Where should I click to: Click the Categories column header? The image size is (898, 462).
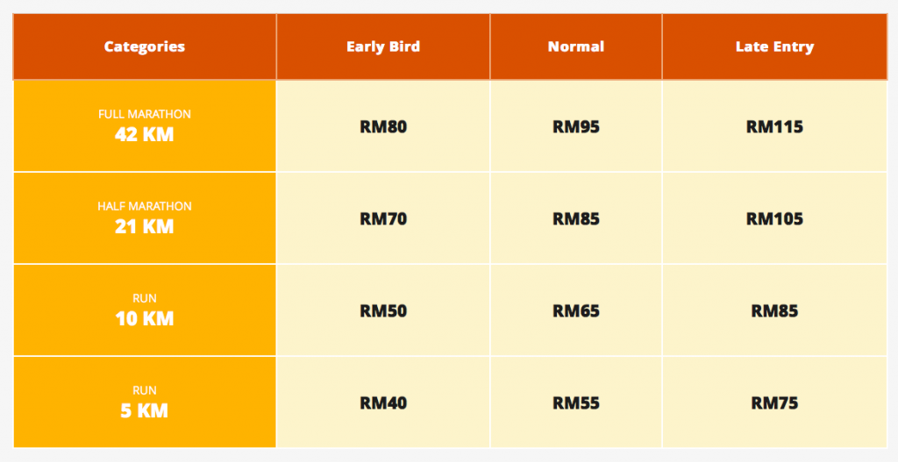pyautogui.click(x=145, y=46)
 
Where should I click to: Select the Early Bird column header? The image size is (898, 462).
pyautogui.click(x=383, y=46)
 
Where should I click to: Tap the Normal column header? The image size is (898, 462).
pyautogui.click(x=575, y=46)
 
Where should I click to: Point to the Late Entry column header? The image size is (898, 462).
pyautogui.click(x=774, y=46)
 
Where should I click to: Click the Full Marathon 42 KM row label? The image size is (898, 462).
pyautogui.click(x=145, y=126)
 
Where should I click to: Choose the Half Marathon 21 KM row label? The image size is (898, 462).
pyautogui.click(x=145, y=218)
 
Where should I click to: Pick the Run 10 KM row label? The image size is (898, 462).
pyautogui.click(x=145, y=310)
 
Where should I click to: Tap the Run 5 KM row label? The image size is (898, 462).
pyautogui.click(x=145, y=402)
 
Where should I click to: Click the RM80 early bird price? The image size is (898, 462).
pyautogui.click(x=383, y=126)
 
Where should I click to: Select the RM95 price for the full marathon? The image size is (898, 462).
pyautogui.click(x=575, y=126)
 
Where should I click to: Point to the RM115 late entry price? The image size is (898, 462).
pyautogui.click(x=774, y=126)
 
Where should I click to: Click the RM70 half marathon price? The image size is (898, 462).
pyautogui.click(x=383, y=218)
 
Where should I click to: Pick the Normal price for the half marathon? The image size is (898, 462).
pyautogui.click(x=575, y=218)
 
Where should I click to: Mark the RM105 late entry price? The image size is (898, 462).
pyautogui.click(x=774, y=218)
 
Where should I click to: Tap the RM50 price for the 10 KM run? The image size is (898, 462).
pyautogui.click(x=383, y=311)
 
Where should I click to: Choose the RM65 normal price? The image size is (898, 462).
pyautogui.click(x=575, y=311)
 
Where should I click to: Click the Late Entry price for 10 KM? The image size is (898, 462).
pyautogui.click(x=774, y=311)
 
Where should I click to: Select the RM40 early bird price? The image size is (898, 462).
pyautogui.click(x=383, y=403)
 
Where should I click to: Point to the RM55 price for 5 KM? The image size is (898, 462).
pyautogui.click(x=575, y=403)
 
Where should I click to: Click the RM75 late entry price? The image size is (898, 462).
pyautogui.click(x=774, y=403)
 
